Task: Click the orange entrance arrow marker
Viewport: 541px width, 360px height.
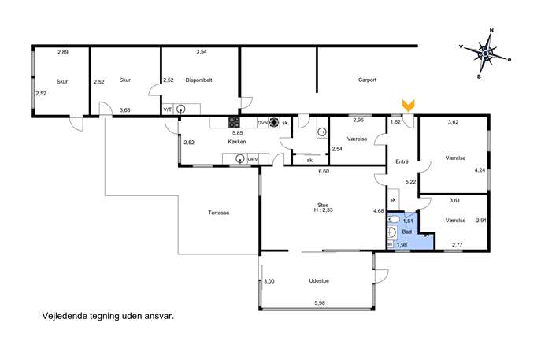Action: click(x=409, y=106)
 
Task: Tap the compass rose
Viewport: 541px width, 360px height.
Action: click(x=485, y=54)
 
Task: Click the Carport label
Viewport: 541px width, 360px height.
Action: click(x=367, y=80)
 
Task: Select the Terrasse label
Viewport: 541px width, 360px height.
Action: click(x=219, y=213)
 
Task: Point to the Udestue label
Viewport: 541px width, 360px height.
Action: click(x=319, y=281)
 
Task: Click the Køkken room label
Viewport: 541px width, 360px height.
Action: click(x=237, y=142)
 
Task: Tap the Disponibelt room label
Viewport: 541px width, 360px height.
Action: click(x=198, y=80)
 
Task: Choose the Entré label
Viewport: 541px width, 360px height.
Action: click(x=402, y=161)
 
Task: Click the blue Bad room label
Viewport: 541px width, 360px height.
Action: click(x=407, y=232)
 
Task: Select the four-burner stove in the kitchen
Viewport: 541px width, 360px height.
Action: click(x=234, y=122)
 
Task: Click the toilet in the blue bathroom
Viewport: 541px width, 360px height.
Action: click(x=393, y=219)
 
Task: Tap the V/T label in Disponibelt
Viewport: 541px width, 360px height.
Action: click(x=167, y=109)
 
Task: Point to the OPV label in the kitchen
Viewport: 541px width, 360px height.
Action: click(x=253, y=159)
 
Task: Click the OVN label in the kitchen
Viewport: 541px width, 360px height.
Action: click(x=262, y=123)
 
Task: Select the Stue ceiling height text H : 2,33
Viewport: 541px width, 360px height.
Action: click(x=324, y=210)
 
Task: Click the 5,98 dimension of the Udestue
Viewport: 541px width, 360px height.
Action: click(x=320, y=303)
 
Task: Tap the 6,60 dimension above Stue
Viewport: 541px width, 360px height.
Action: click(x=324, y=171)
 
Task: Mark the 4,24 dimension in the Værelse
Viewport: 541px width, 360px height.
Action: click(x=480, y=170)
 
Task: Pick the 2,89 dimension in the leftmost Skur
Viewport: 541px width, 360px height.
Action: click(x=63, y=52)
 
